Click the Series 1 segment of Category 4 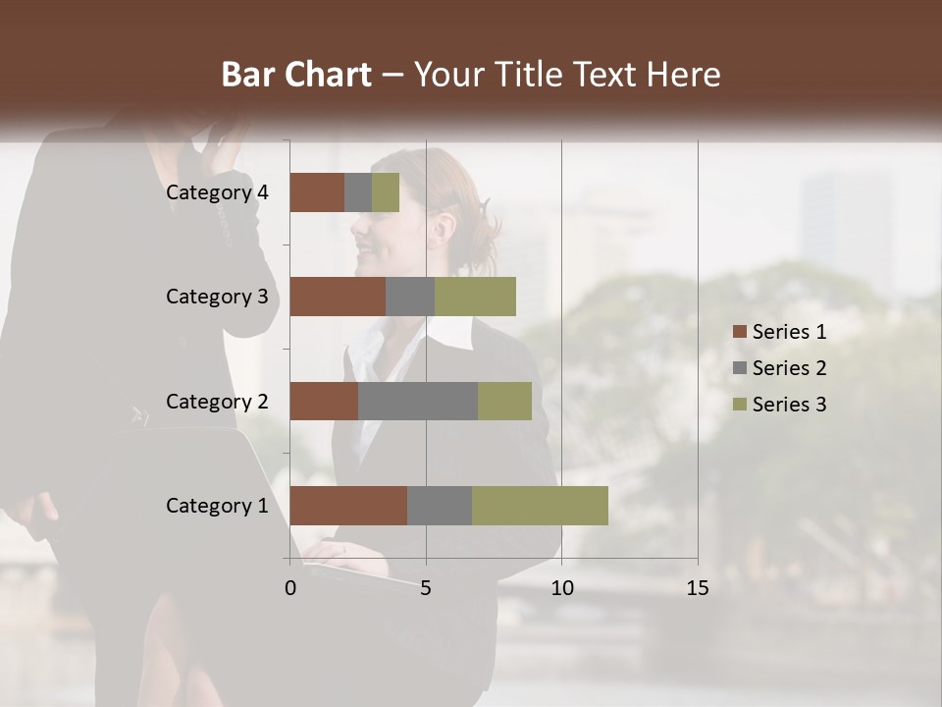coord(317,192)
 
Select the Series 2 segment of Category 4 coord(358,192)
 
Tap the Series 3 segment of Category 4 coord(386,192)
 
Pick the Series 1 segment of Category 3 coord(338,297)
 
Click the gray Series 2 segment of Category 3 coord(410,297)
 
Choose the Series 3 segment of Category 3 coord(475,297)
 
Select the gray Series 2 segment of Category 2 coord(418,401)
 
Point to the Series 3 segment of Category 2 coord(504,401)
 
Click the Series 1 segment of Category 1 coord(348,506)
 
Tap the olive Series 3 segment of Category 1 coord(540,506)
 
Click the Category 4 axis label coord(217,192)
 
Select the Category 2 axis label coord(217,401)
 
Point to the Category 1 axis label coord(217,506)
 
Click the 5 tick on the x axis coord(426,588)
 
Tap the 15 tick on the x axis coord(697,588)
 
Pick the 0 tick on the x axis coord(290,588)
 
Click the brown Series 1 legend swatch coord(739,332)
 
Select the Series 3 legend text coord(789,405)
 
